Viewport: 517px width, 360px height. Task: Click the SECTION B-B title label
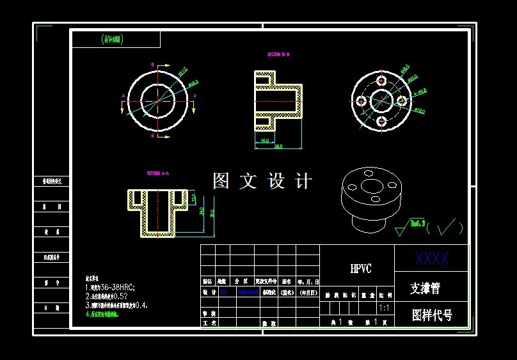coord(278,55)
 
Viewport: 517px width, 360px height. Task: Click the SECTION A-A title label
coord(158,173)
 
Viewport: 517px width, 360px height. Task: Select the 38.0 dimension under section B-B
coord(278,147)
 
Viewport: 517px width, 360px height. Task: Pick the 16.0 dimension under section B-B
coord(264,141)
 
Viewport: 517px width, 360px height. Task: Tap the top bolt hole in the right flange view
coord(382,81)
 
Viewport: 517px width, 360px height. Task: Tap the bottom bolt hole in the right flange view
coord(382,121)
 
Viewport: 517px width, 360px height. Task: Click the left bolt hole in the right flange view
coord(362,100)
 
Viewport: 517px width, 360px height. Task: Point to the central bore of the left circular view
coord(157,100)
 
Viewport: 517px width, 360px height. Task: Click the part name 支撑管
coord(426,288)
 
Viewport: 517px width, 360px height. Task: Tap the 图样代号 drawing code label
coord(432,315)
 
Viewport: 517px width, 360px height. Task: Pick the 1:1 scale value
coord(385,308)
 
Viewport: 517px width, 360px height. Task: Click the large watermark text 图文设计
coord(262,182)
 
